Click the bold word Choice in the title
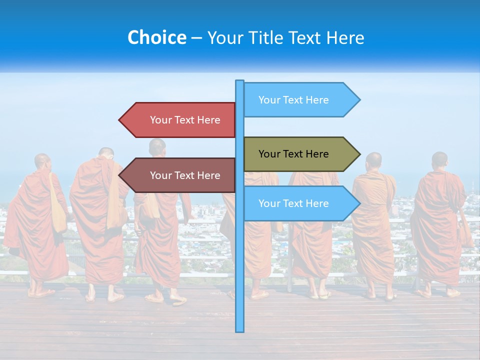pyautogui.click(x=156, y=37)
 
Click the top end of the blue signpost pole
pyautogui.click(x=239, y=81)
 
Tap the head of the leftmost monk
pyautogui.click(x=42, y=161)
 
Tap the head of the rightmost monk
pyautogui.click(x=439, y=160)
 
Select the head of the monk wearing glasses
pyautogui.click(x=106, y=153)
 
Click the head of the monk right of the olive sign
pyautogui.click(x=373, y=161)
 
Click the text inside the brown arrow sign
pyautogui.click(x=185, y=175)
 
